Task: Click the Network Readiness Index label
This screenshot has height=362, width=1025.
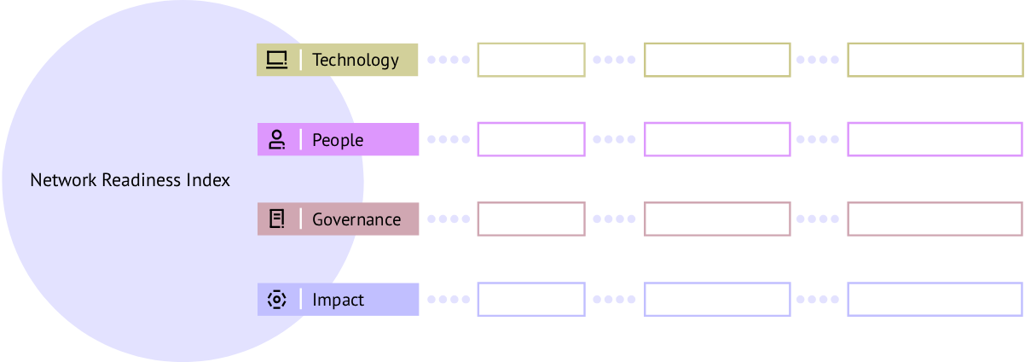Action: tap(130, 181)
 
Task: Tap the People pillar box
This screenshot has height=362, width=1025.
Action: tap(338, 140)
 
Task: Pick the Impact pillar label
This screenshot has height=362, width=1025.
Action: tap(339, 300)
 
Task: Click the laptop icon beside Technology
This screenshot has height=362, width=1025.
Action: tap(276, 60)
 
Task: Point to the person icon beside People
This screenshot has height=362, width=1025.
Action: tap(276, 140)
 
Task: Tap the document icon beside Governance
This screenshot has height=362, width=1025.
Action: tap(276, 219)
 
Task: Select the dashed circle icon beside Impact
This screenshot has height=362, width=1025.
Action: tap(276, 300)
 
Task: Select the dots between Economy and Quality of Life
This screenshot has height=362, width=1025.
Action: tap(614, 300)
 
